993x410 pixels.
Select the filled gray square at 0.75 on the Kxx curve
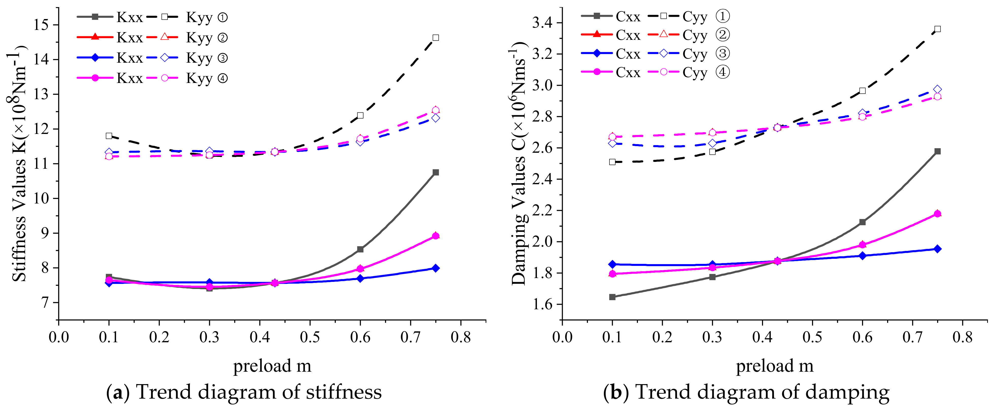point(436,172)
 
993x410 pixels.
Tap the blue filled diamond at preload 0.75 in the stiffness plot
point(436,268)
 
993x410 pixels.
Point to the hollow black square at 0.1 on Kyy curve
point(109,136)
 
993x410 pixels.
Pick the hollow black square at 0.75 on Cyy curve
point(937,29)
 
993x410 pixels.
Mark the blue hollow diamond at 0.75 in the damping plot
point(937,89)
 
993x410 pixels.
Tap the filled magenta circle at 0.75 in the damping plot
point(937,214)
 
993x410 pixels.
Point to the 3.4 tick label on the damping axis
point(542,23)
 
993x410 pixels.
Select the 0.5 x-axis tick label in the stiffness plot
point(310,337)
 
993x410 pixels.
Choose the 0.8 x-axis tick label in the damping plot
point(963,337)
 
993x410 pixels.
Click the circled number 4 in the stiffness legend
point(223,79)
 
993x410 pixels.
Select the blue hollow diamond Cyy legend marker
point(664,54)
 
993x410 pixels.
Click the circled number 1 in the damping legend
point(723,16)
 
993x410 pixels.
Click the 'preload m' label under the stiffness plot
point(272,366)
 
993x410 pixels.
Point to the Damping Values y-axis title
point(519,164)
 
